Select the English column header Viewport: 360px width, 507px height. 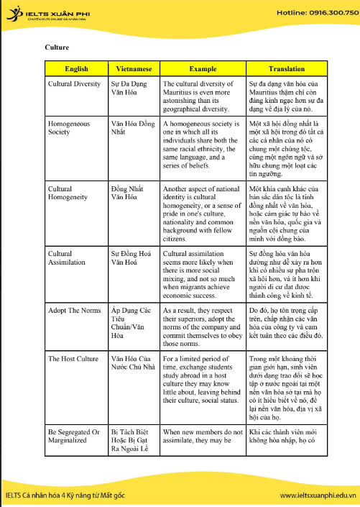click(76, 69)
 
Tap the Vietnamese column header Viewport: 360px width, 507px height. click(133, 69)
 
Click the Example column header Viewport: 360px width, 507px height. click(202, 69)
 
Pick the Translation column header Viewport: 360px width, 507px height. click(286, 69)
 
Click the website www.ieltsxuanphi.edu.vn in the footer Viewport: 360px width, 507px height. click(318, 495)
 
